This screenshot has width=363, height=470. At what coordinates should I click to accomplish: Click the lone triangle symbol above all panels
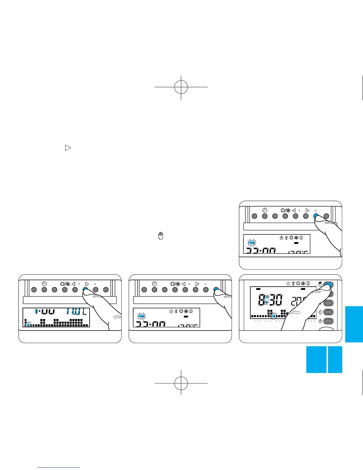pyautogui.click(x=68, y=147)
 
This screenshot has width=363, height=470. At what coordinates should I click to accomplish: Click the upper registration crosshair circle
pyautogui.click(x=181, y=87)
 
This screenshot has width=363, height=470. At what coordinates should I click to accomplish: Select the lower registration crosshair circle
pyautogui.click(x=181, y=383)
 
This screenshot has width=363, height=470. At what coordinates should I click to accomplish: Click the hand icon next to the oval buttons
pyautogui.click(x=320, y=284)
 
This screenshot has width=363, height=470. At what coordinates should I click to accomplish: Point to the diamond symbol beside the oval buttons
pyautogui.click(x=320, y=312)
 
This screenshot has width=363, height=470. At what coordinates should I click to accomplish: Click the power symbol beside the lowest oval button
pyautogui.click(x=320, y=321)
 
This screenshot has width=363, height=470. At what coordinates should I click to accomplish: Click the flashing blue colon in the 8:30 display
pyautogui.click(x=267, y=300)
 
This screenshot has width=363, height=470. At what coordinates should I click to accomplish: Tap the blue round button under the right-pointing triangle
pyautogui.click(x=85, y=290)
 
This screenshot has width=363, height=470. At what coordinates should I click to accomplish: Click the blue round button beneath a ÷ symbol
pyautogui.click(x=316, y=216)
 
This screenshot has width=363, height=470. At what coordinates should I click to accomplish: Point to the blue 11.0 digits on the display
pyautogui.click(x=73, y=312)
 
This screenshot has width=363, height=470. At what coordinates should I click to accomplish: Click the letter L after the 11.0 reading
pyautogui.click(x=85, y=312)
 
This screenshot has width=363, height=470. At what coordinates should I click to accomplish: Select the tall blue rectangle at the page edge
pyautogui.click(x=354, y=324)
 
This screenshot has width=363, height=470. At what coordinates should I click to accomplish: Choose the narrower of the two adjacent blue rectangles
pyautogui.click(x=335, y=359)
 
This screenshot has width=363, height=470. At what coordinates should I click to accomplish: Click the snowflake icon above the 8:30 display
pyautogui.click(x=303, y=283)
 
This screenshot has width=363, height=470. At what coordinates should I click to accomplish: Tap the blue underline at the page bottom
pyautogui.click(x=59, y=468)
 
